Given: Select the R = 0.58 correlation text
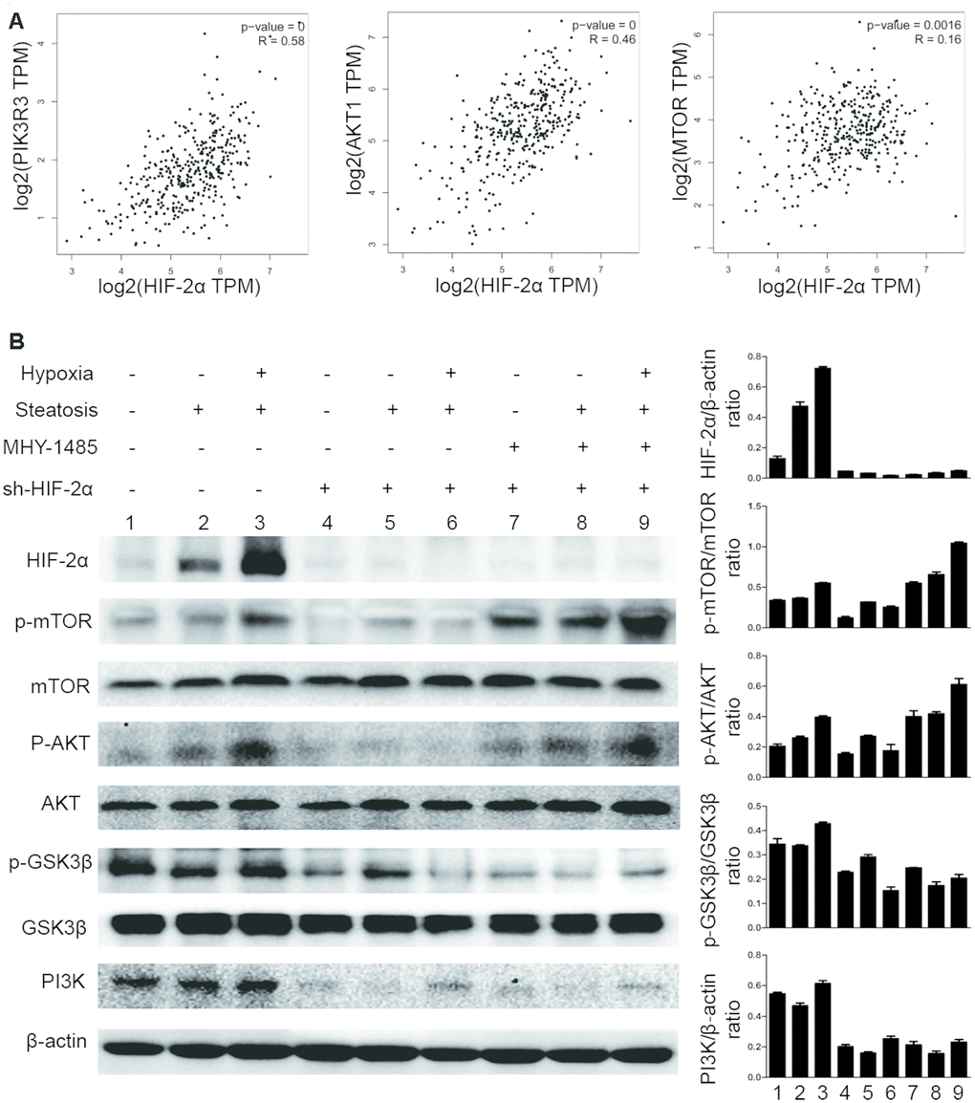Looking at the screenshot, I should (x=280, y=40).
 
